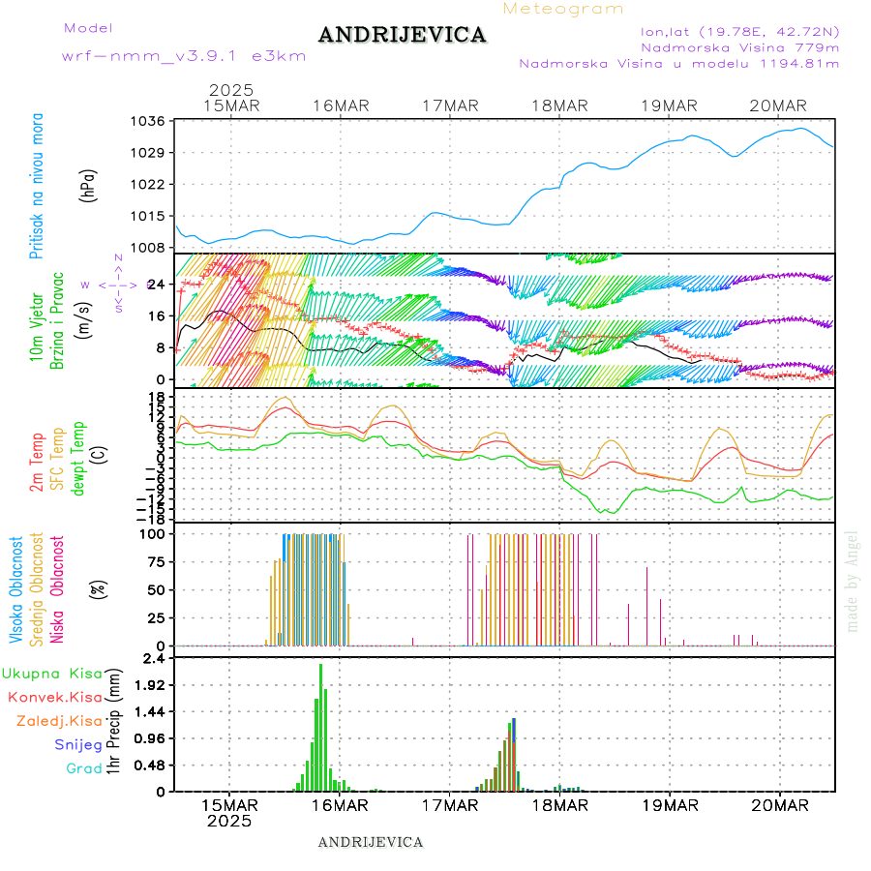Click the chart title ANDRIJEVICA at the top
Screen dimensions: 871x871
pos(402,36)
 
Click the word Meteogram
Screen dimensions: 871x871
pos(563,9)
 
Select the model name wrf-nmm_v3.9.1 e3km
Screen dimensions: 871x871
pos(184,56)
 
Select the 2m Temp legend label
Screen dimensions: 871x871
pos(37,463)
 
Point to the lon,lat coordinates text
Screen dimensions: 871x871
pos(733,31)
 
